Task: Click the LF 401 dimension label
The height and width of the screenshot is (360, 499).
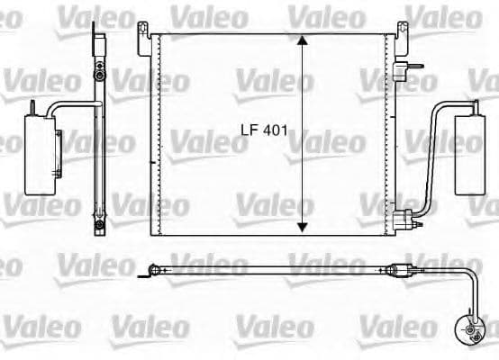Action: coord(262,129)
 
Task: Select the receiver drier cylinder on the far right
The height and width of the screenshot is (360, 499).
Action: coord(474,156)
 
